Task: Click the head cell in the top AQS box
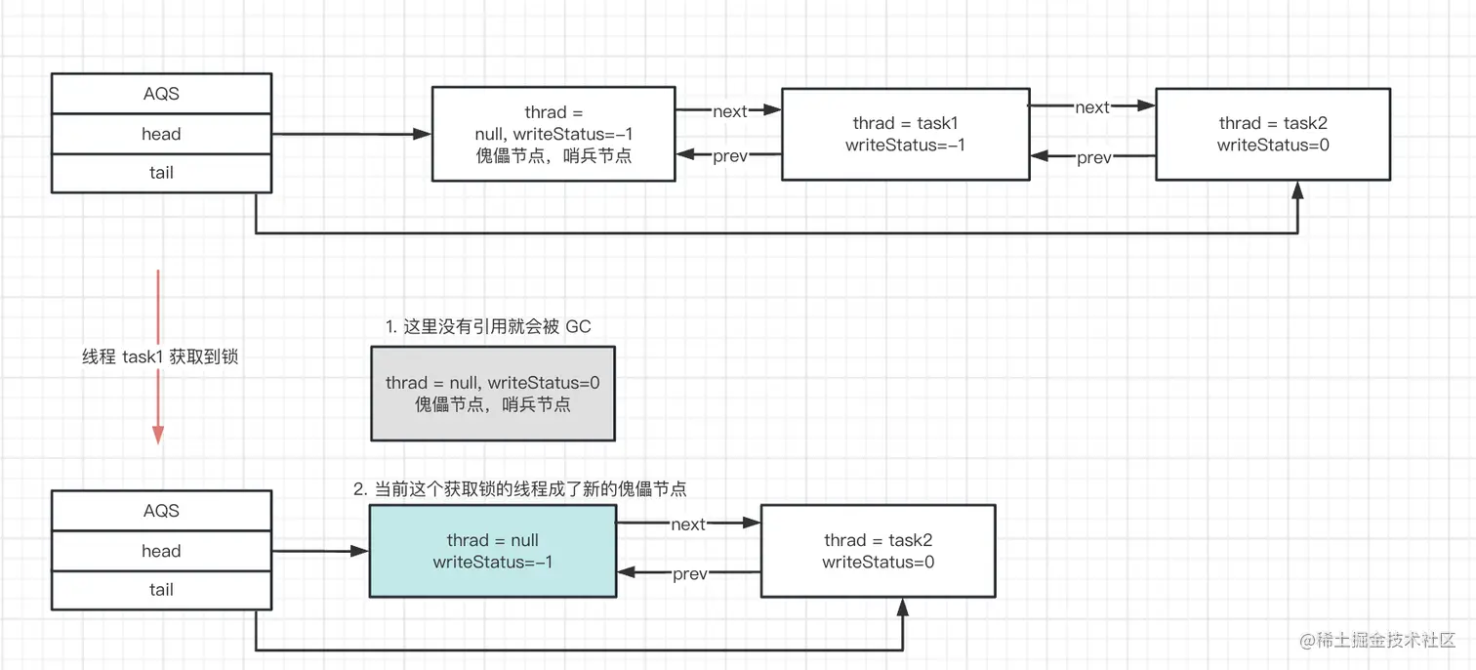[x=161, y=134]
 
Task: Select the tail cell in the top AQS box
[x=161, y=174]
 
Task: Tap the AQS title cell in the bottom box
[x=161, y=511]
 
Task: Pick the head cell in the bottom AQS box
[x=161, y=551]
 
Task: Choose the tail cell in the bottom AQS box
[x=161, y=590]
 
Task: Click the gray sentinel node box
[x=493, y=393]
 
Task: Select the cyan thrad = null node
[x=493, y=551]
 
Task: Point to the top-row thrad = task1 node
[x=905, y=134]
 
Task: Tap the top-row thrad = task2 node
[x=1273, y=134]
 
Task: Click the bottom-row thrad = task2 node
[x=879, y=551]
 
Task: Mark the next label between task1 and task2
[x=1091, y=106]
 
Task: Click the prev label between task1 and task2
[x=1093, y=157]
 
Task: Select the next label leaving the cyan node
[x=688, y=524]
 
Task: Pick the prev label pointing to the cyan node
[x=690, y=573]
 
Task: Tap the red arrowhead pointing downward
[x=158, y=435]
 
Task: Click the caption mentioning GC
[x=488, y=326]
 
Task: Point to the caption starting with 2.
[x=520, y=488]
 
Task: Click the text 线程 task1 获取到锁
[x=160, y=356]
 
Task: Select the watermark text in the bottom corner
[x=1377, y=640]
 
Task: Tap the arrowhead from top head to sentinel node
[x=422, y=134]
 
